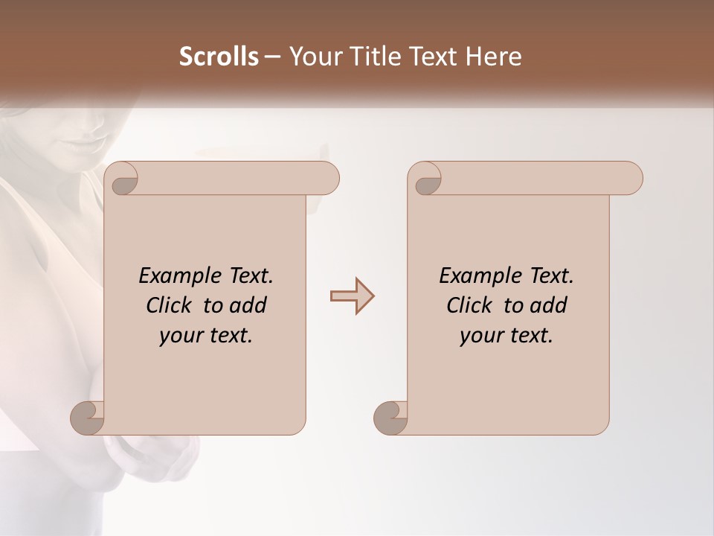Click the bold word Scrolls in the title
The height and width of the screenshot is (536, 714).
[219, 57]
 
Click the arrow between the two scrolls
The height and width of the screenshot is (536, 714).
[352, 296]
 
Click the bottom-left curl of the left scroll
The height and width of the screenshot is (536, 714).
[88, 417]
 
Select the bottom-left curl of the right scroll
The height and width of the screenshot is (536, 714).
[390, 417]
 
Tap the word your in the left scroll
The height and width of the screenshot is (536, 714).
[181, 336]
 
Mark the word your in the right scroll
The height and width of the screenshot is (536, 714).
[481, 336]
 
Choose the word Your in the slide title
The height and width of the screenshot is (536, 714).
[312, 57]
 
